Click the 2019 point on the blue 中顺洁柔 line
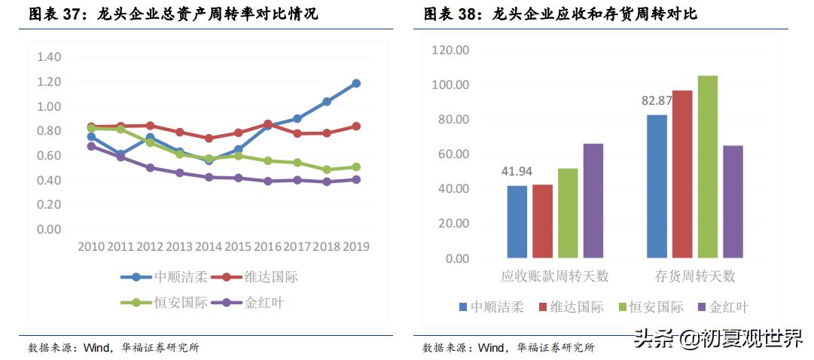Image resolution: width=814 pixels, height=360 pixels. point(356,84)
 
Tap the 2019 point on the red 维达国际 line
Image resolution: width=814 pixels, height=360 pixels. point(356,127)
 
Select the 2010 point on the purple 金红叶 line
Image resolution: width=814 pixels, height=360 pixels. point(91,146)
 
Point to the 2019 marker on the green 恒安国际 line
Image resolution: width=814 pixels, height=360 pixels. point(356,167)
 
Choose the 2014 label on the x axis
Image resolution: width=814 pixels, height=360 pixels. point(209,246)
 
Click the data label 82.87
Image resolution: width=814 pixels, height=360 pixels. point(657,100)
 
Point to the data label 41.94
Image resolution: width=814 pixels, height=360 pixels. point(517,171)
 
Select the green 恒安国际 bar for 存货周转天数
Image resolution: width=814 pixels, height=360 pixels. point(707,166)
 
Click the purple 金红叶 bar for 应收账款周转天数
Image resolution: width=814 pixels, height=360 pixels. point(593,200)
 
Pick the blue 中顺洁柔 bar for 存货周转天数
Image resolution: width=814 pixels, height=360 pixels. point(657,186)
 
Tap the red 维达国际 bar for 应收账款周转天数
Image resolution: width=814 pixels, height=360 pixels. point(542,221)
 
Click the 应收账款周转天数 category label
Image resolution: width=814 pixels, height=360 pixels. point(555,276)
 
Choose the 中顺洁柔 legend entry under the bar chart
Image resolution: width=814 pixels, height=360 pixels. point(490,307)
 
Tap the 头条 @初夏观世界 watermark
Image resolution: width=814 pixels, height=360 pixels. point(718,339)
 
